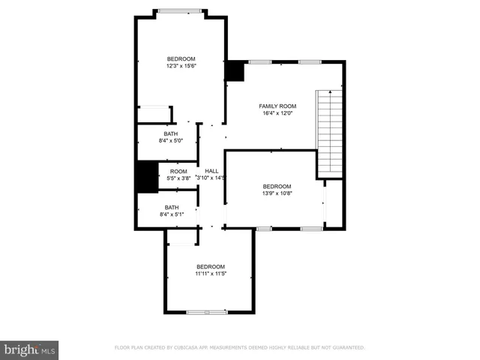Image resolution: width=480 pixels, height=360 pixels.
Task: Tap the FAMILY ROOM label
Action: [277, 106]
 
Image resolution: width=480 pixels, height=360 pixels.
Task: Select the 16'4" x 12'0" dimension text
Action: [277, 114]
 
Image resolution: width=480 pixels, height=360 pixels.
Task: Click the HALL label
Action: [211, 171]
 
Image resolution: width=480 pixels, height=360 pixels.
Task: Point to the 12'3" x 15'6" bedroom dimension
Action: [181, 66]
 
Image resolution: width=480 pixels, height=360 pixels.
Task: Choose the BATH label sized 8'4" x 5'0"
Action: [172, 133]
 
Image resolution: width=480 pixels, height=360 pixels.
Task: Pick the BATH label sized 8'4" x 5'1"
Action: [172, 208]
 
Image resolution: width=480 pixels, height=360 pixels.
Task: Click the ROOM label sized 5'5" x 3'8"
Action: [178, 172]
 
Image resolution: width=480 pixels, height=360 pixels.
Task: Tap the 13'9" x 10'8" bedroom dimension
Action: [277, 193]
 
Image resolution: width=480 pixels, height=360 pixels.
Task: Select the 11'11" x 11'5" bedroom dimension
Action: [211, 274]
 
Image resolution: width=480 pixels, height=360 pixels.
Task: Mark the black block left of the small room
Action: [146, 178]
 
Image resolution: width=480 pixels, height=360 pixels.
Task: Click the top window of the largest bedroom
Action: [180, 10]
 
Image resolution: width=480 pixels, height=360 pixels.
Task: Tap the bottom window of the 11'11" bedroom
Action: [207, 311]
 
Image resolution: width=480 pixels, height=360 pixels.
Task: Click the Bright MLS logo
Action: [30, 349]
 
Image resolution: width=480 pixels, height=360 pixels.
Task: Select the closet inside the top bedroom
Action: [154, 114]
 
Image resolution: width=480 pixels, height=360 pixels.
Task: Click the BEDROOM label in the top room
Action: [181, 59]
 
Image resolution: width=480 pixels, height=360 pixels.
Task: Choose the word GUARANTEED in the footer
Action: [346, 348]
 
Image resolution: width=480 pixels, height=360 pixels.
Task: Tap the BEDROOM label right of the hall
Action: [277, 186]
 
